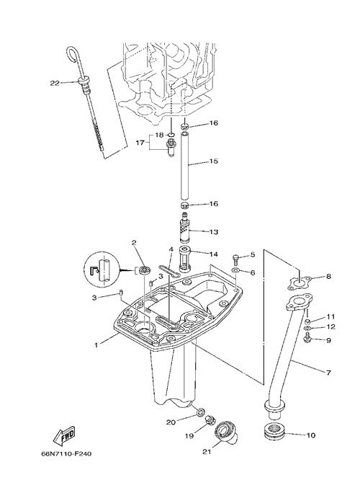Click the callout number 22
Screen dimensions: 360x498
coord(55,83)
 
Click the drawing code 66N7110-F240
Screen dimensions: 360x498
coord(66,454)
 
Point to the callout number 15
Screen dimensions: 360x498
coord(214,161)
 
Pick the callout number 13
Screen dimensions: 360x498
coord(214,232)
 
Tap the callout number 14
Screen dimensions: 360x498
coord(214,254)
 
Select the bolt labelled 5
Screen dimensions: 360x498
coord(235,259)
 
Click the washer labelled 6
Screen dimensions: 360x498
coord(236,270)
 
